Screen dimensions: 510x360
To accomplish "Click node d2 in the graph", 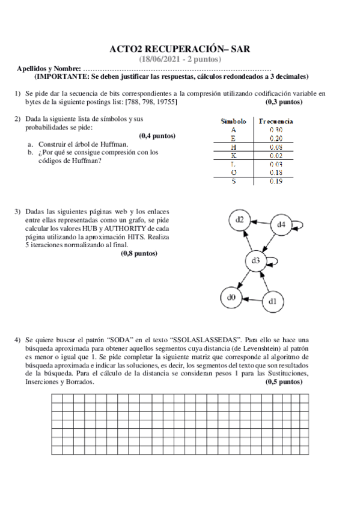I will click(239, 220).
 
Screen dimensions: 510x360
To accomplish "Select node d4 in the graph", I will click(281, 225).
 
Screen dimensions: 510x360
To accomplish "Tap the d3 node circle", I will click(255, 260).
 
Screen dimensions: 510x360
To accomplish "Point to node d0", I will click(230, 297).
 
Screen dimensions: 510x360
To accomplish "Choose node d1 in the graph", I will click(272, 301).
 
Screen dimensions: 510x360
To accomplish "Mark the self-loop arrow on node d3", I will click(273, 260).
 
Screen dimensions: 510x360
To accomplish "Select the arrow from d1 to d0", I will click(251, 299).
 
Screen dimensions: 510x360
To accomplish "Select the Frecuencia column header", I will click(276, 120).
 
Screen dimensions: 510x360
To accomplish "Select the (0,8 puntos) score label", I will click(139, 254).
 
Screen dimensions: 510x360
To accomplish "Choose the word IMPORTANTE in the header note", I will click(62, 77).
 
